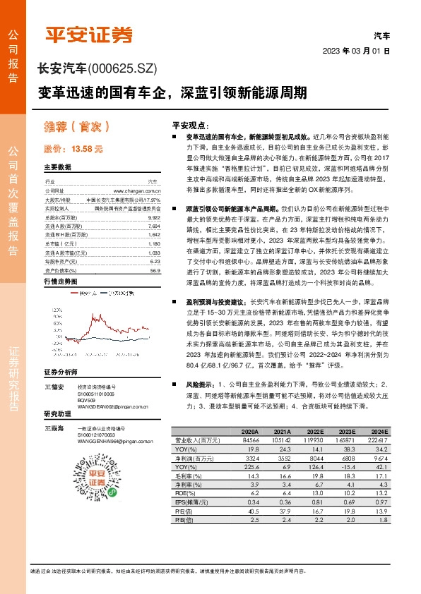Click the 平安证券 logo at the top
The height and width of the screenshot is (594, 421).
[89, 35]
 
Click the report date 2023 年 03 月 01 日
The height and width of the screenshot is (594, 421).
[356, 51]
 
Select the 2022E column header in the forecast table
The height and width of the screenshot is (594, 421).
[314, 432]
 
